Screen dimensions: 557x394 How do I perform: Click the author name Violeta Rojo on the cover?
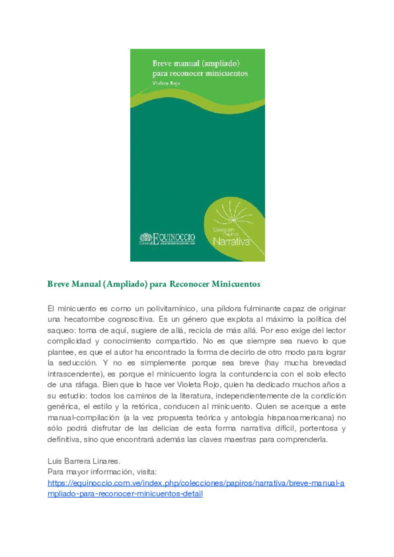coord(166,83)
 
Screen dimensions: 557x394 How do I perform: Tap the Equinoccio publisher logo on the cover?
coord(167,239)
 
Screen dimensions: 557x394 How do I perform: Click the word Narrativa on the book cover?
coord(231,241)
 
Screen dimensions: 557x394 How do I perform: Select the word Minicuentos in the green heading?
coord(236,284)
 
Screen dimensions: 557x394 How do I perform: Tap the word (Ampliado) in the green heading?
coord(125,284)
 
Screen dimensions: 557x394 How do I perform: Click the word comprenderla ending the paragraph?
coord(302,440)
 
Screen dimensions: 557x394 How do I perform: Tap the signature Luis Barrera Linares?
coord(84,461)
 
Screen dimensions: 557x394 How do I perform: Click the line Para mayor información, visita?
coord(102,472)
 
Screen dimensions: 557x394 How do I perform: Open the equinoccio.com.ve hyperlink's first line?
coord(196,483)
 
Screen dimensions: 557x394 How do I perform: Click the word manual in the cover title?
coord(186,63)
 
